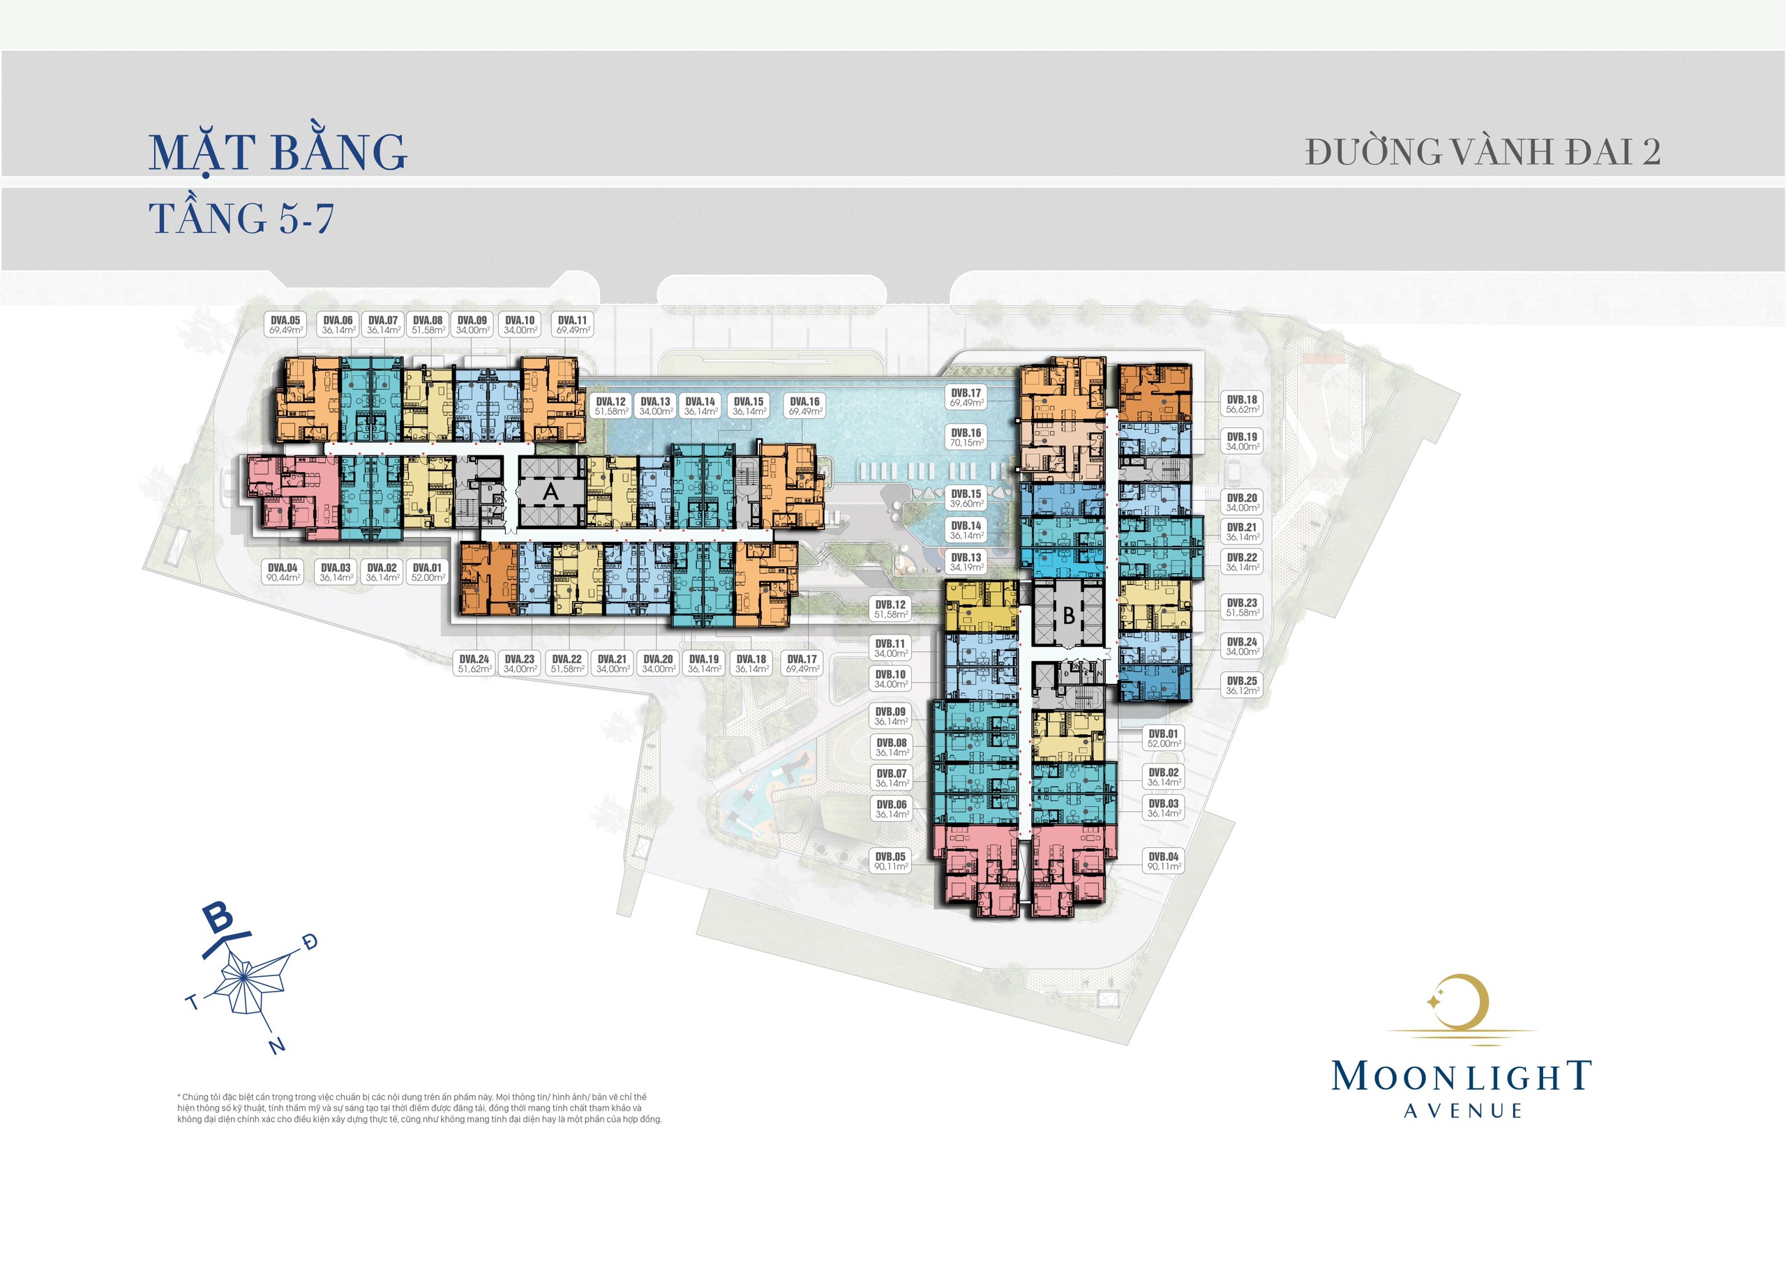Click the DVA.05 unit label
(x=285, y=325)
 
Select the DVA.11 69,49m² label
(x=573, y=325)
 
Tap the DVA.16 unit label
(x=804, y=406)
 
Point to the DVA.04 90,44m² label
(x=283, y=572)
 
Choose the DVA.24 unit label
(x=474, y=663)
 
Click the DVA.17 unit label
(x=802, y=663)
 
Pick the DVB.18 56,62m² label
(x=1242, y=404)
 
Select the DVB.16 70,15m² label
(x=966, y=438)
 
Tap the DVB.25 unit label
(x=1242, y=685)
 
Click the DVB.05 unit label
(x=891, y=861)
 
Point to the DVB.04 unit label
(x=1164, y=861)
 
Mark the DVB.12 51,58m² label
(x=890, y=609)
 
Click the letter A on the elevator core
(x=550, y=492)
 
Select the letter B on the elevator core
(x=1069, y=615)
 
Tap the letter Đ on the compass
(x=311, y=943)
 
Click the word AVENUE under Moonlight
(x=1462, y=1111)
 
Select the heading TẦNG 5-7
(x=241, y=218)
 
